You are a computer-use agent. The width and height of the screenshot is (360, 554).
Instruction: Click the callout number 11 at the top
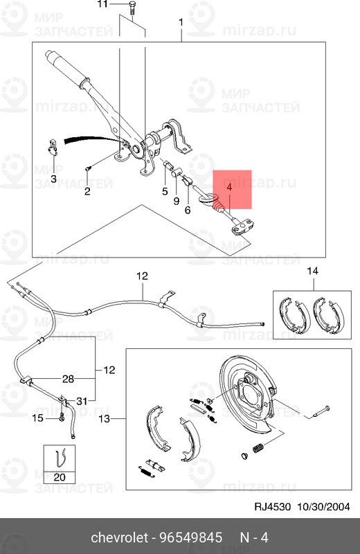102,5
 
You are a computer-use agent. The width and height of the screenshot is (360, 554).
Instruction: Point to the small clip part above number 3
53,147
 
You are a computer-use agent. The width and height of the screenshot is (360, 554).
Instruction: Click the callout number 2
87,191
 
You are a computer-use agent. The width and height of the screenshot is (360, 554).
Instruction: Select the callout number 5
165,191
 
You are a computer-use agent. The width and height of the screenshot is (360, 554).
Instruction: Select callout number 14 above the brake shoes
312,270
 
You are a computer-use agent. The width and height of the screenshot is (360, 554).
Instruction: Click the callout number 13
105,419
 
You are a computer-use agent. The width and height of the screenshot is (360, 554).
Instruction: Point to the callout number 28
68,379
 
